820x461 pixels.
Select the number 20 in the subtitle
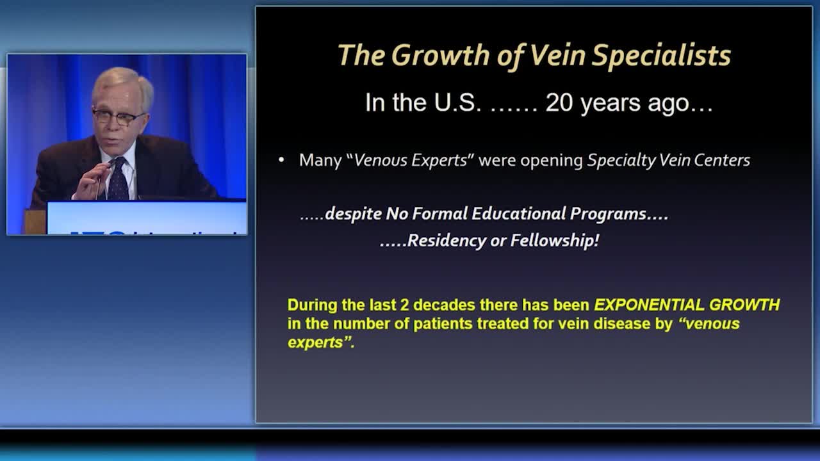point(559,102)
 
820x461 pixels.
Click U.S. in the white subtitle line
point(457,102)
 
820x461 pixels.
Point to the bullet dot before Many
point(281,160)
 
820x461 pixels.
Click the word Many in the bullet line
point(320,160)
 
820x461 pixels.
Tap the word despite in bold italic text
point(353,214)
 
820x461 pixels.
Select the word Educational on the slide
point(519,213)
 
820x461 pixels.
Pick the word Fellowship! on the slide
point(555,240)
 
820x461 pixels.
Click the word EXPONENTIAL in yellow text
point(649,305)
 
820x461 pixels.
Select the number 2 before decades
point(404,305)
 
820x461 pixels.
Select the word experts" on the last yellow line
point(321,343)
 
